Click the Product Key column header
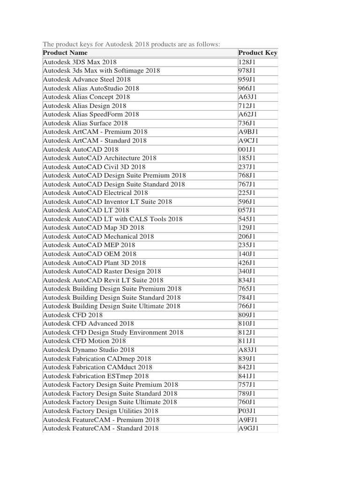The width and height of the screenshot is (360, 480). coord(257,53)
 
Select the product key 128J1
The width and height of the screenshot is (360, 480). coord(247,62)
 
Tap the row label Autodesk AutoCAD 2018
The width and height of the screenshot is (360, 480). coord(81,149)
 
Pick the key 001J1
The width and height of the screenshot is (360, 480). coord(247,149)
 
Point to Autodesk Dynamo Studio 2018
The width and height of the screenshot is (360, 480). coord(89,350)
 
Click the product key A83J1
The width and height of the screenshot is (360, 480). coord(247,350)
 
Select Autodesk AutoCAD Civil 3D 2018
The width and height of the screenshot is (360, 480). coord(94,166)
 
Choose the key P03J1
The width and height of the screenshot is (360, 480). coord(247,411)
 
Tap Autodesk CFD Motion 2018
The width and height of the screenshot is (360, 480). coord(84,341)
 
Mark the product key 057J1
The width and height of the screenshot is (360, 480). coord(247,210)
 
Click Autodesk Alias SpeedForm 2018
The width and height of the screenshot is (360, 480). coord(91,114)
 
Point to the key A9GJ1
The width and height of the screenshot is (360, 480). coord(248,428)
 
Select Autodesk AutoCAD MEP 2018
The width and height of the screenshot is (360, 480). coord(89,245)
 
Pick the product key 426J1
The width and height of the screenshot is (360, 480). coord(247,262)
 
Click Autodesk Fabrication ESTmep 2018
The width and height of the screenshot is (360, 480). coord(96,376)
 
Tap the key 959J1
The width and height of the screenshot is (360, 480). coord(247,79)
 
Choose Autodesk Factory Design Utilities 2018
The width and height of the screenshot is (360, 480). coord(100,411)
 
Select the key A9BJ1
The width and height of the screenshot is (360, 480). coord(248,132)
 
